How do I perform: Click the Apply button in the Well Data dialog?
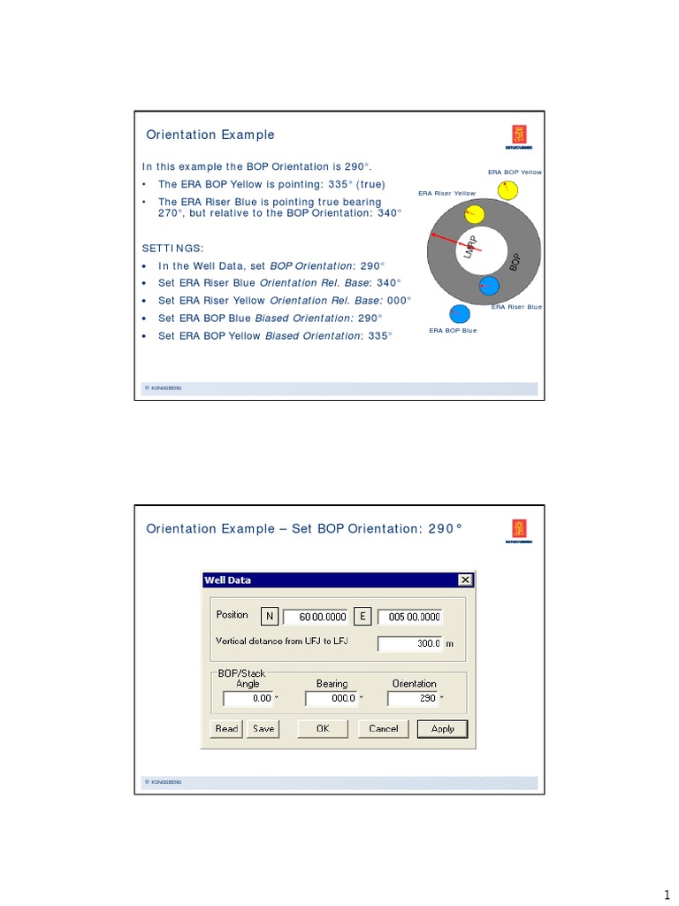(x=442, y=729)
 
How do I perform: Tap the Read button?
(x=226, y=729)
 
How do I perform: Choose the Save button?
(x=263, y=729)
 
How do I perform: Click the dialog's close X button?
(x=464, y=580)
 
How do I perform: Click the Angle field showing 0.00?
(x=248, y=698)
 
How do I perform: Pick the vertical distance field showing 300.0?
(x=410, y=643)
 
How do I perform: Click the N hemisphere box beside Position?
(x=270, y=616)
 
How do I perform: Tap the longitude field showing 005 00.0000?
(x=409, y=617)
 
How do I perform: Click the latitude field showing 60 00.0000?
(x=317, y=617)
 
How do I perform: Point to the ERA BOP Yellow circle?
(x=507, y=189)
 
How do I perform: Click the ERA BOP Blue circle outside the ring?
(x=460, y=314)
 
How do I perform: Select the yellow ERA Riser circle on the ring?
(x=474, y=213)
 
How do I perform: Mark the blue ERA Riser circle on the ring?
(x=488, y=286)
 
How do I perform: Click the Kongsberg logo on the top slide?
(x=518, y=135)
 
